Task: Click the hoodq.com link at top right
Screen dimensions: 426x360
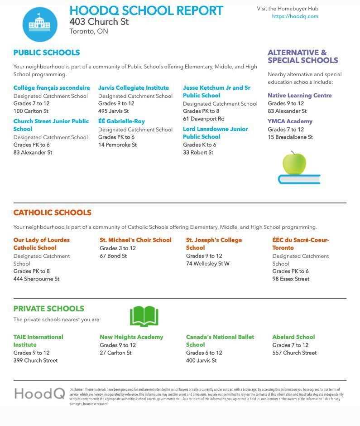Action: (295, 16)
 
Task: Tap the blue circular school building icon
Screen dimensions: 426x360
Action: (40, 24)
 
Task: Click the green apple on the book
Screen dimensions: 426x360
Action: (294, 163)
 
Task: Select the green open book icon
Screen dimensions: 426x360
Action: (144, 316)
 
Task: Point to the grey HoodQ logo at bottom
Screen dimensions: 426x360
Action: (39, 393)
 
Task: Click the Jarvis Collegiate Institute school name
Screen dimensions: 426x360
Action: (134, 88)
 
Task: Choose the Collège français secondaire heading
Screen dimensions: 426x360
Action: (52, 88)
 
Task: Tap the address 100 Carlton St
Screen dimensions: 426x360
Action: (31, 111)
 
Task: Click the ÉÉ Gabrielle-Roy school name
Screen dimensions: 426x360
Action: (121, 121)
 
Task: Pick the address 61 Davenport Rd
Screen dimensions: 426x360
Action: (203, 119)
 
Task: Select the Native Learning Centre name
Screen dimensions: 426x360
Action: (299, 96)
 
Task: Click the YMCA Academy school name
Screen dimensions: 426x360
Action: (290, 121)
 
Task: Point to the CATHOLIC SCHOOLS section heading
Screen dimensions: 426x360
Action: (52, 213)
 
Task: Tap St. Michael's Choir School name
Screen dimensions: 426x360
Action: (135, 240)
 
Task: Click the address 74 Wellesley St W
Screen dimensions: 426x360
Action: (207, 263)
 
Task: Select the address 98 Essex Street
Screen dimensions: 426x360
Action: (291, 279)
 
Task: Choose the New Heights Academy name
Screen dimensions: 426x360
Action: (131, 337)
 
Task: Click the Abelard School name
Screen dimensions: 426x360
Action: (293, 337)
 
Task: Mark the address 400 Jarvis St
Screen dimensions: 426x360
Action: (201, 360)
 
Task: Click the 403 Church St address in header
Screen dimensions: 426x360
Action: (99, 22)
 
